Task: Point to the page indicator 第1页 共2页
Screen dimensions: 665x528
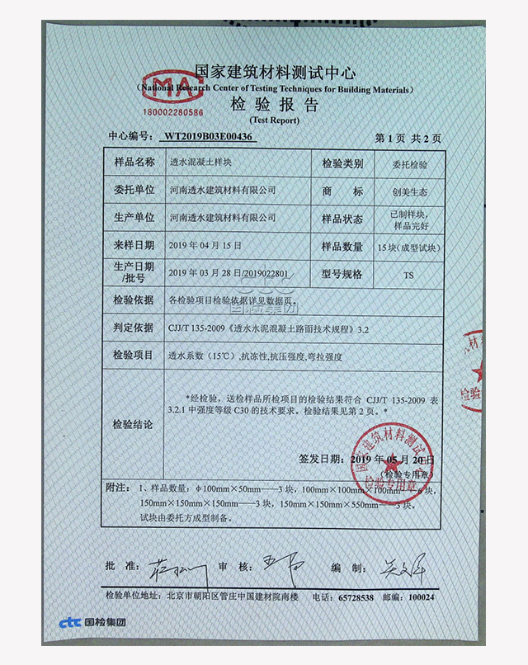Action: coord(408,137)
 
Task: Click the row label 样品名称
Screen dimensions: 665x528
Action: coord(134,163)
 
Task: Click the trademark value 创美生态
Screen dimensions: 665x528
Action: coord(410,191)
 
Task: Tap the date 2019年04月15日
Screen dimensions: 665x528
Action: coord(204,246)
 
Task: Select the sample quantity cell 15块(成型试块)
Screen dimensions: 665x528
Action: coord(410,247)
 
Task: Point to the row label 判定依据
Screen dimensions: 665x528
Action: coord(134,328)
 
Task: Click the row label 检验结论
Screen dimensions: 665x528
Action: coord(134,424)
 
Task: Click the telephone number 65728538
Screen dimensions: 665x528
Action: coord(356,597)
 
